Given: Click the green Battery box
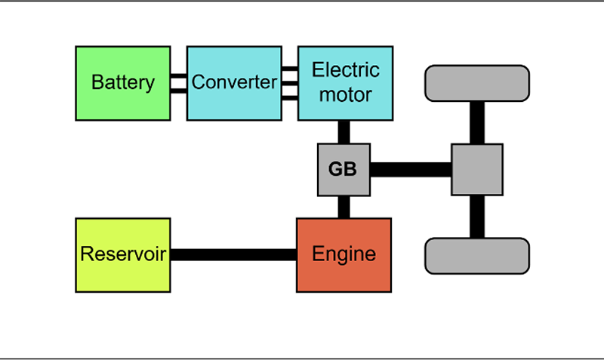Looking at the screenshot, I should click(123, 83).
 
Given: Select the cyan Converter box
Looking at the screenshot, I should click(234, 83).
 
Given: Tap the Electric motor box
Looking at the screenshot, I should click(345, 83).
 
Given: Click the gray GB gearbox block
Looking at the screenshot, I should click(344, 170).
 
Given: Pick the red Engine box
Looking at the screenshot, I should click(344, 254).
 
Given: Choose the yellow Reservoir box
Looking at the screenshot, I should click(123, 254).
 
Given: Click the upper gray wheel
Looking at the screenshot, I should click(477, 84).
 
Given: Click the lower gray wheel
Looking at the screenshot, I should click(477, 255).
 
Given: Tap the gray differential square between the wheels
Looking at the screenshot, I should click(477, 170).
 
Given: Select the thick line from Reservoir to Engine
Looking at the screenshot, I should click(233, 254).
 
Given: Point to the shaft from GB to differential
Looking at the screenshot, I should click(411, 170).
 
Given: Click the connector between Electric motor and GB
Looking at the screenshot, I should click(344, 131).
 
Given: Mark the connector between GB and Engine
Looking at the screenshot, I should click(344, 208).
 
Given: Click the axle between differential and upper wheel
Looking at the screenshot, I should click(477, 122).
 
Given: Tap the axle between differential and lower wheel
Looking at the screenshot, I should click(477, 217).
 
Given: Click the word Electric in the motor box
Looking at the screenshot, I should click(346, 71).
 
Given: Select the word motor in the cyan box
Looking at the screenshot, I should click(346, 95).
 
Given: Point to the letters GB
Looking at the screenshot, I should click(343, 170).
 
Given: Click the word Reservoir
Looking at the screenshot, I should click(123, 254).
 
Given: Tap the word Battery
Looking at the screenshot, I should click(123, 83).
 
